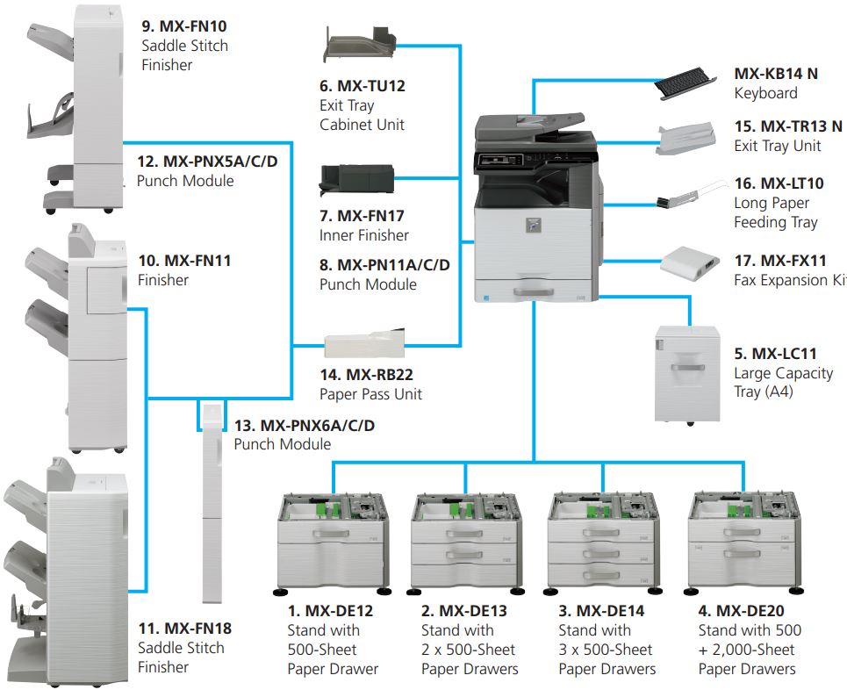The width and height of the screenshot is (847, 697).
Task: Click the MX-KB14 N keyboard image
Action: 685,83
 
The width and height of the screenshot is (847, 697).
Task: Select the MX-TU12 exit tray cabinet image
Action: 360,46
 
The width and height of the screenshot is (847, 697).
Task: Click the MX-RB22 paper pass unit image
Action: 364,343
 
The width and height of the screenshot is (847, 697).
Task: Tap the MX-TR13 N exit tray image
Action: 686,140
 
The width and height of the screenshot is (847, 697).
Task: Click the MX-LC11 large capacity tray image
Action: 687,374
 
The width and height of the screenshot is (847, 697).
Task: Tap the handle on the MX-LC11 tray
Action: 687,368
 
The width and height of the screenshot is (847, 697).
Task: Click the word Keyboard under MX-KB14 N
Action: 765,93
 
